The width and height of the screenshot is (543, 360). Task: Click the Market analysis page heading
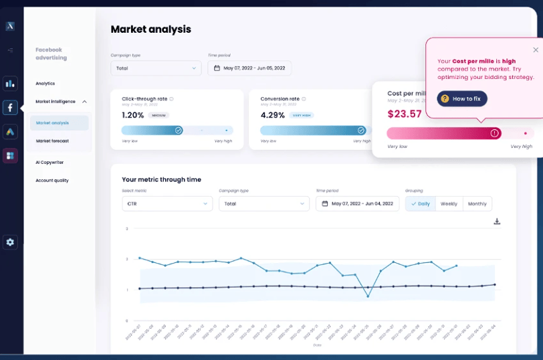pos(150,29)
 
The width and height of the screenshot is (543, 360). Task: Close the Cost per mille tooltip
pos(535,50)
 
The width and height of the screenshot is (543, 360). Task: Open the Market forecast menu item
pos(52,141)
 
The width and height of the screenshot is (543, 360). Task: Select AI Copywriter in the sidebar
pos(49,162)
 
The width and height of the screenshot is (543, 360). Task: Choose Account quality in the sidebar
pos(52,181)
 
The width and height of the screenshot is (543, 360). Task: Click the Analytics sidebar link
pos(45,84)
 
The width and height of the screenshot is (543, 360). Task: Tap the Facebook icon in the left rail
pos(10,107)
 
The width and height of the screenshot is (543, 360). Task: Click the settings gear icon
pos(10,242)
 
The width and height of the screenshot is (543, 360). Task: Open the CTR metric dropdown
pos(167,203)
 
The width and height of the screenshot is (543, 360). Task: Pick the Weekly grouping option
pos(449,203)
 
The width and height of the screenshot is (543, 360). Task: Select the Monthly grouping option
pos(477,203)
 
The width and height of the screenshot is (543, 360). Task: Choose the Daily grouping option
pos(421,203)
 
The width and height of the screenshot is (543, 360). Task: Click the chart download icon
pos(497,221)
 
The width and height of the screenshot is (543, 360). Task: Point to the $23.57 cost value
pos(405,114)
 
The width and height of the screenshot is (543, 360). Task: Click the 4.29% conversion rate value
pos(272,115)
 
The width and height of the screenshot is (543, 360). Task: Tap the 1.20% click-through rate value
pos(133,115)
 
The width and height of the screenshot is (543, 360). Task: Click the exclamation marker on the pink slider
pos(494,133)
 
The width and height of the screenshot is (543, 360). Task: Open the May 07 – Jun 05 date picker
pos(249,68)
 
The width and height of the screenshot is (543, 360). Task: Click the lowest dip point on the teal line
pos(367,296)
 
